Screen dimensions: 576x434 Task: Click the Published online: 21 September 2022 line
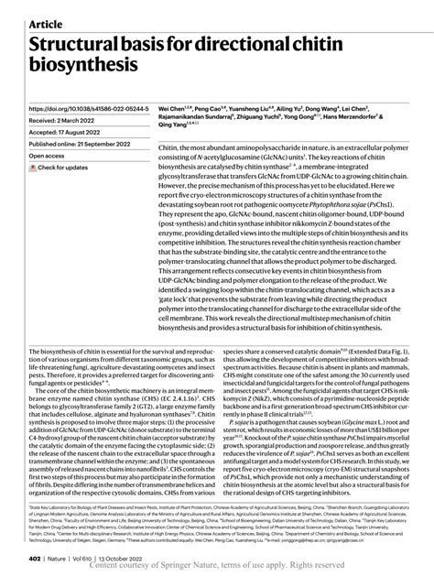88,144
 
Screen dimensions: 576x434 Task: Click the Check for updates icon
34,168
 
